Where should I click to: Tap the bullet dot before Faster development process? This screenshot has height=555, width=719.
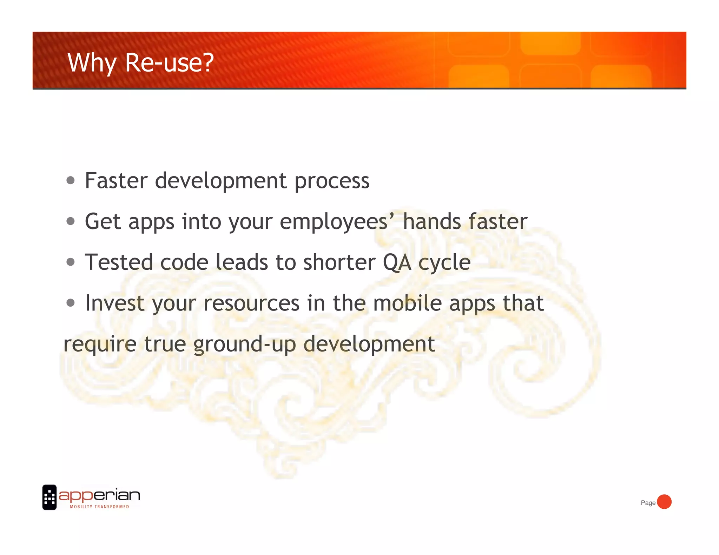click(71, 181)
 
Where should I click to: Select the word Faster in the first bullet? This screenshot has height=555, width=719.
click(116, 181)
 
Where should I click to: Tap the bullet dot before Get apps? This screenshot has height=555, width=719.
click(71, 221)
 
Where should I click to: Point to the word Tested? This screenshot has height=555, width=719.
click(119, 262)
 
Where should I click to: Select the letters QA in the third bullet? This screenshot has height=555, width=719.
click(397, 263)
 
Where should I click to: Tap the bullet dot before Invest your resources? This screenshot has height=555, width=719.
click(71, 303)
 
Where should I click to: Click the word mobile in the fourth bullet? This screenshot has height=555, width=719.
click(407, 303)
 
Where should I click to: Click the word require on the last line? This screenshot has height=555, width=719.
click(100, 345)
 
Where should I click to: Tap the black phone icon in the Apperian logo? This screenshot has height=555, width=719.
click(50, 497)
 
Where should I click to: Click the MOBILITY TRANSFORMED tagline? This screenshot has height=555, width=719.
click(99, 507)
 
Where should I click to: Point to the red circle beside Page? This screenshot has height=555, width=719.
click(664, 502)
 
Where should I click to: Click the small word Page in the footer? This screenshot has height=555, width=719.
click(648, 503)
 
